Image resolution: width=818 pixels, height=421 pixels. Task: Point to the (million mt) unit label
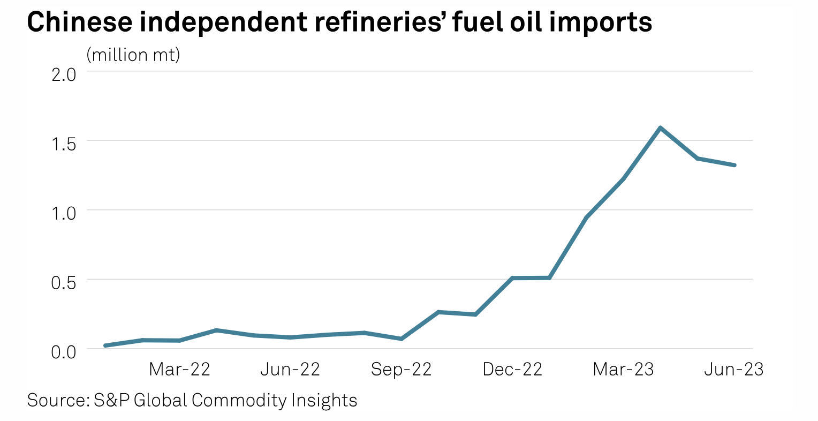[x=133, y=55]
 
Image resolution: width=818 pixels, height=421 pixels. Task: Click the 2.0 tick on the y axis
[x=64, y=73]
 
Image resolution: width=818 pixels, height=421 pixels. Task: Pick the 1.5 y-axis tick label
[x=64, y=142]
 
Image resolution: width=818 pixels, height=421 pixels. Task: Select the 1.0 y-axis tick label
[x=64, y=212]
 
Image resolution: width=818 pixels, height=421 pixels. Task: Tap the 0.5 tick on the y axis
[x=64, y=281]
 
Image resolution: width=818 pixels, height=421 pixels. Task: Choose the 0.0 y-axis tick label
[x=64, y=352]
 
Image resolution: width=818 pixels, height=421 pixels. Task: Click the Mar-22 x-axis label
[x=179, y=369]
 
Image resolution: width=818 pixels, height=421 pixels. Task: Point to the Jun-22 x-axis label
[x=290, y=369]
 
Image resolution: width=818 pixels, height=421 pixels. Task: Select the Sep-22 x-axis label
[x=401, y=369]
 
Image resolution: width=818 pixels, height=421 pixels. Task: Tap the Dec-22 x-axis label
[x=512, y=369]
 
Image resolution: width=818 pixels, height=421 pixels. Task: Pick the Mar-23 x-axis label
[x=623, y=369]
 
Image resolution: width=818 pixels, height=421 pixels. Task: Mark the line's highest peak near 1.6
[x=661, y=128]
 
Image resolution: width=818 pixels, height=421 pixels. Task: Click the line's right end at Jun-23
[x=734, y=165]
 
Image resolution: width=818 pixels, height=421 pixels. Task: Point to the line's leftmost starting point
[x=105, y=345]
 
